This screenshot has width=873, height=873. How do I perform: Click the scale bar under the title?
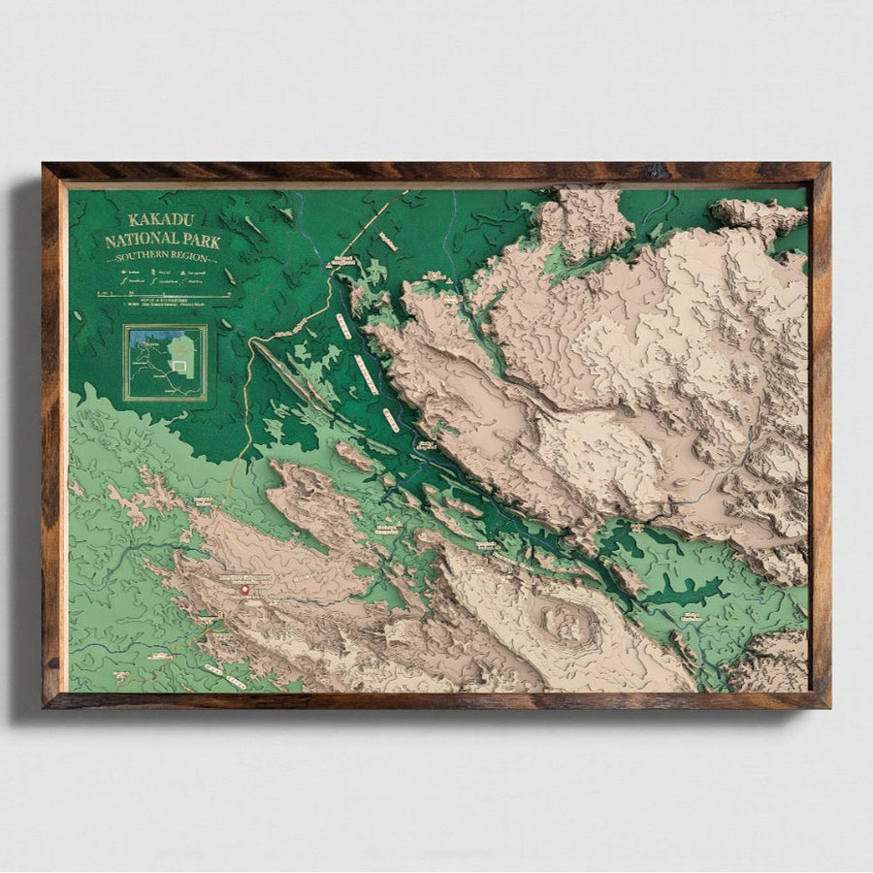click(164, 293)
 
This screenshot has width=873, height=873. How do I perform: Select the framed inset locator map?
click(164, 362)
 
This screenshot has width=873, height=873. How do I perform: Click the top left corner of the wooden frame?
click(47, 168)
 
